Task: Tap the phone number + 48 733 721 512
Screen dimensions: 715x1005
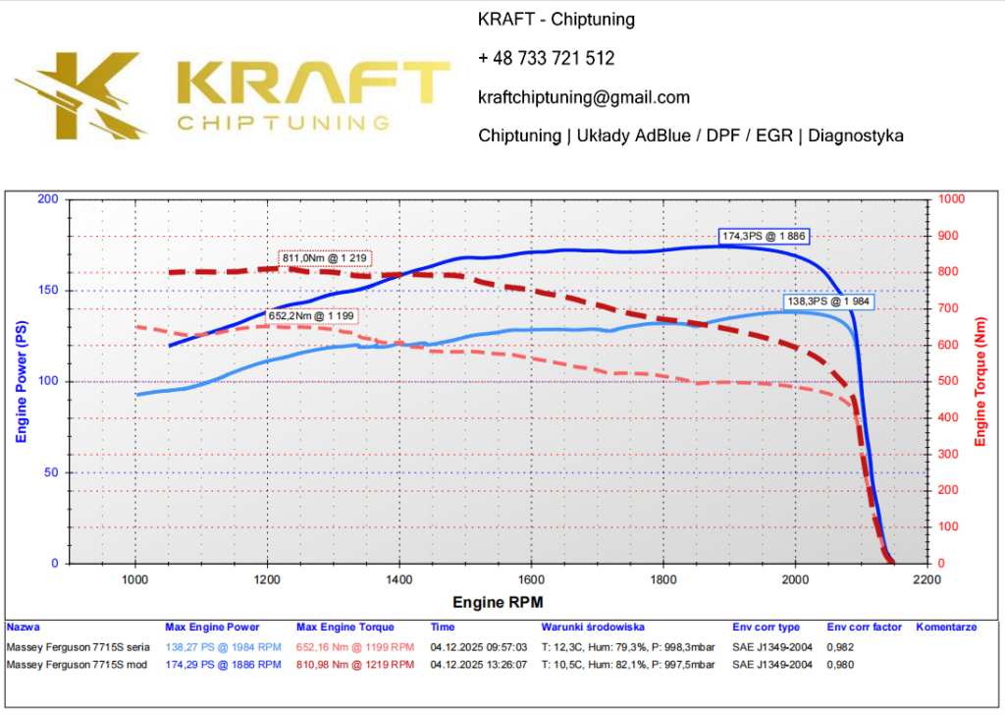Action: click(x=546, y=58)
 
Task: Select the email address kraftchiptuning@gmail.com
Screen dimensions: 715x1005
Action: click(x=584, y=97)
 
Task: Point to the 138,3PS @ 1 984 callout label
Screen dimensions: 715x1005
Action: click(x=826, y=302)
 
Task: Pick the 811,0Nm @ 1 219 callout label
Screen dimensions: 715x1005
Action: click(x=325, y=257)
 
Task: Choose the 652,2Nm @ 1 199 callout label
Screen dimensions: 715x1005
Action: click(x=311, y=316)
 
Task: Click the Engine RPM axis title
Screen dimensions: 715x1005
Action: click(x=498, y=601)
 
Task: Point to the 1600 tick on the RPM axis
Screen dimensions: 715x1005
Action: click(x=531, y=579)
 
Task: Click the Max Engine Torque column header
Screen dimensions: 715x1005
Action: click(x=344, y=627)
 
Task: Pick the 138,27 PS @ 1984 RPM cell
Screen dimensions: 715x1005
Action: click(x=223, y=648)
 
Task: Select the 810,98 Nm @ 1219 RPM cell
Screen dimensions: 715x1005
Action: click(x=355, y=664)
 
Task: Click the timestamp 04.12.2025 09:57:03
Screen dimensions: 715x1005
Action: click(x=479, y=648)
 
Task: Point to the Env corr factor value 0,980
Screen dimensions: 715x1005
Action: click(x=840, y=664)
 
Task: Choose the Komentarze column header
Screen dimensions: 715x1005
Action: click(x=946, y=627)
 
